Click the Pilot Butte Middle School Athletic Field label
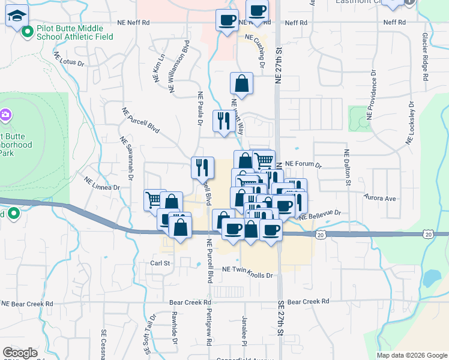[70, 32]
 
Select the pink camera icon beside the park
[5, 114]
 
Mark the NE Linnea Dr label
[102, 184]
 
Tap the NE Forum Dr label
[303, 163]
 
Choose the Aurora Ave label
[381, 198]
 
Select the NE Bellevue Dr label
[320, 213]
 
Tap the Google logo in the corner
[20, 353]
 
